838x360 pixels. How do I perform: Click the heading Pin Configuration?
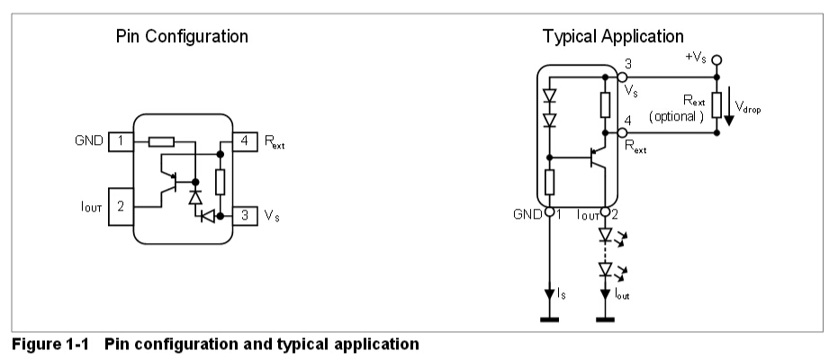click(183, 37)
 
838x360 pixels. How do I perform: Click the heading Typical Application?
click(613, 37)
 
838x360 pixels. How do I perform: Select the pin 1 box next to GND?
click(122, 141)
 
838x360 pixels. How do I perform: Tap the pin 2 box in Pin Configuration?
click(120, 205)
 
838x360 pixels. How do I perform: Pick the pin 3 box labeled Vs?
click(245, 216)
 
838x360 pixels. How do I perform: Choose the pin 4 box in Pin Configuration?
click(245, 141)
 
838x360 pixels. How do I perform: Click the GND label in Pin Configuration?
click(89, 141)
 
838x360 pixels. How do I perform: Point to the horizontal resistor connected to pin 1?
click(163, 141)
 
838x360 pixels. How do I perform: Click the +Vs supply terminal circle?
click(716, 61)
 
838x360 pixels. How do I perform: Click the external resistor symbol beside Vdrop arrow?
click(716, 104)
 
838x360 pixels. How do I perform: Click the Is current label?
click(563, 294)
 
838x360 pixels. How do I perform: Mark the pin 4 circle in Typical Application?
click(619, 132)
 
